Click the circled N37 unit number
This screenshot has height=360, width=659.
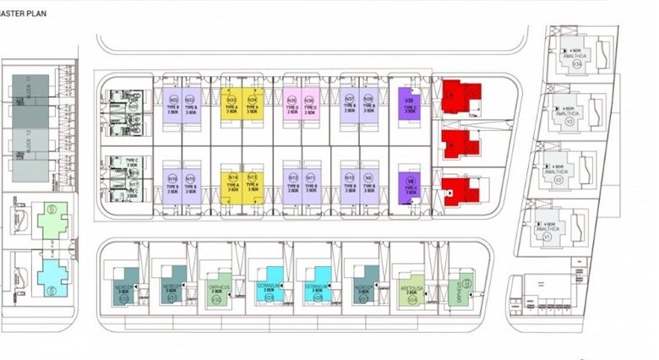click(x=349, y=99)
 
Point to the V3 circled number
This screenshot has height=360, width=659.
click(x=569, y=122)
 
